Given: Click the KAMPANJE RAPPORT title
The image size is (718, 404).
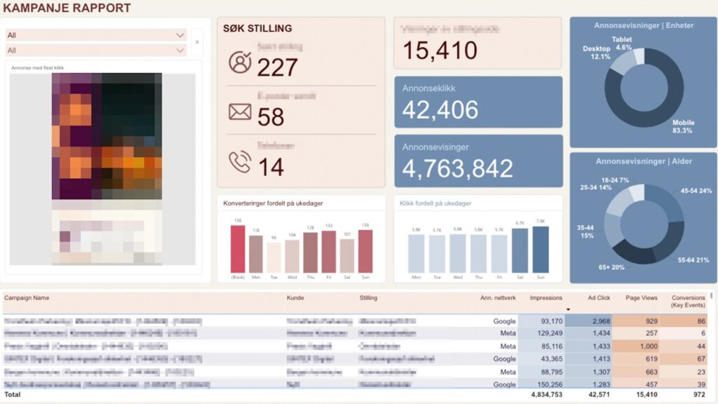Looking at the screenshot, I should click(x=67, y=8).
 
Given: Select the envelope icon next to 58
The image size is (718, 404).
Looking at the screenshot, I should click(x=240, y=112).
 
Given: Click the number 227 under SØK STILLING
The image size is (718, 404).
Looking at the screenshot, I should click(x=277, y=67).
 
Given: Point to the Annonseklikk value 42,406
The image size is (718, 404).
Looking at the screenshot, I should click(x=440, y=109).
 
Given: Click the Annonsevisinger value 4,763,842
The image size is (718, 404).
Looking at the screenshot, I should click(x=457, y=168).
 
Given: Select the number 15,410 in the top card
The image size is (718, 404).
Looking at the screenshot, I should click(x=440, y=50).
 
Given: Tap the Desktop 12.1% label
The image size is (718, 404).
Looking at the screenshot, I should click(x=597, y=53).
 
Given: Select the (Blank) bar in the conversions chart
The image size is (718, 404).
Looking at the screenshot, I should click(x=238, y=249).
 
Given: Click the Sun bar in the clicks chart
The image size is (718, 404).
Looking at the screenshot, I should click(x=541, y=249).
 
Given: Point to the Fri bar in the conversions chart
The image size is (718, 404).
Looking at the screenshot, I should click(x=329, y=251).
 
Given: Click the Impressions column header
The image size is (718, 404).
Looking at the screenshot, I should click(x=546, y=298).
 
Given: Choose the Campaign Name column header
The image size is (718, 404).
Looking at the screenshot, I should click(x=27, y=298).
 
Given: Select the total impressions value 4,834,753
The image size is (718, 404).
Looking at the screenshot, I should click(x=543, y=395).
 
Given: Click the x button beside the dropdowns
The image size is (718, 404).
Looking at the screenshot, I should click(x=197, y=42).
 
